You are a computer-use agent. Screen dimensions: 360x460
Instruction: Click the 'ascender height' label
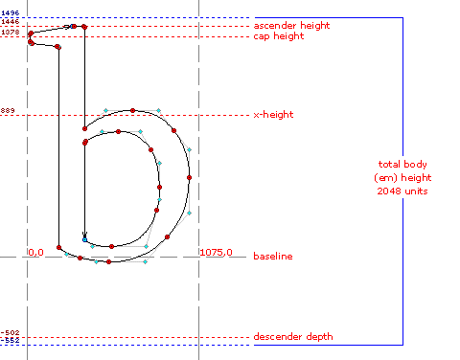pyautogui.click(x=290, y=25)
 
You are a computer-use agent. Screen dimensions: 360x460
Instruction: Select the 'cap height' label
pyautogui.click(x=278, y=36)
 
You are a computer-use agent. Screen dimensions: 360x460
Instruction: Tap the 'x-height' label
pyautogui.click(x=273, y=115)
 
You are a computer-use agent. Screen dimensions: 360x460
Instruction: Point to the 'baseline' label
pyautogui.click(x=272, y=257)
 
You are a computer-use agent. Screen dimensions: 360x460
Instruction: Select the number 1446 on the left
pyautogui.click(x=11, y=21)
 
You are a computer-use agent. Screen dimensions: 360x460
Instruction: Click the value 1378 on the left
pyautogui.click(x=11, y=33)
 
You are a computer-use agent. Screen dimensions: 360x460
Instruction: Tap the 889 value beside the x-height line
pyautogui.click(x=10, y=111)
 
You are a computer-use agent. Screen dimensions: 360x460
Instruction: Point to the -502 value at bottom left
pyautogui.click(x=11, y=333)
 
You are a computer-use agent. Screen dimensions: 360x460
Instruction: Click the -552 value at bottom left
pyautogui.click(x=11, y=341)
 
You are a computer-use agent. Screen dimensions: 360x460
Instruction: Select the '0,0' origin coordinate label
pyautogui.click(x=36, y=253)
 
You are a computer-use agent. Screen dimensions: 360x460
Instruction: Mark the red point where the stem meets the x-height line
pyautogui.click(x=84, y=127)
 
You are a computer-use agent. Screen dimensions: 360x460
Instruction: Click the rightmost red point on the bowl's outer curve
pyautogui.click(x=190, y=178)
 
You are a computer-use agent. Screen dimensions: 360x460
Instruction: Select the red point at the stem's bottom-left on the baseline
pyautogui.click(x=59, y=247)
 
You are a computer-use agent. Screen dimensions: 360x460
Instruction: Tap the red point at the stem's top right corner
pyautogui.click(x=84, y=27)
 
